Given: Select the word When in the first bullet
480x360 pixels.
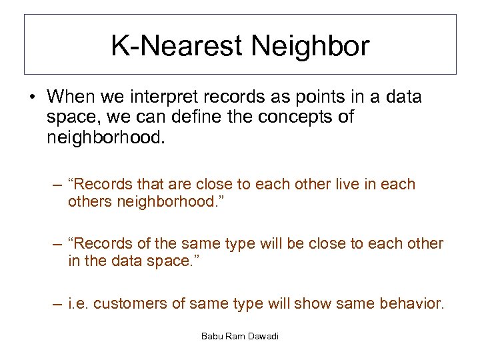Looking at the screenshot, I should coord(71,97).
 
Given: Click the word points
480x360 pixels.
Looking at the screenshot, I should coord(300,97).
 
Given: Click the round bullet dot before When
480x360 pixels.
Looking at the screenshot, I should coord(32,97).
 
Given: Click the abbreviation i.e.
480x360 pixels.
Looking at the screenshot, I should coord(79,304).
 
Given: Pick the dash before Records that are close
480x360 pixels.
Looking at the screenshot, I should coord(59,184).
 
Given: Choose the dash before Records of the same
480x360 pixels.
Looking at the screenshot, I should coord(59,244).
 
